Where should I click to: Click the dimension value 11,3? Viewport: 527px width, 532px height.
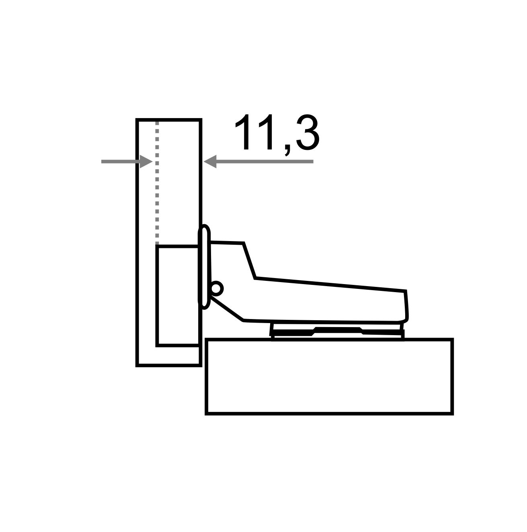click(277, 134)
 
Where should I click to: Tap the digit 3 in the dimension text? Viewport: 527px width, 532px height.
click(308, 132)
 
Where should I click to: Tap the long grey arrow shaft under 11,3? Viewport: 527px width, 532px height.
click(265, 162)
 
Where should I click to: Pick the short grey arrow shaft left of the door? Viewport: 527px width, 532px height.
click(121, 162)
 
